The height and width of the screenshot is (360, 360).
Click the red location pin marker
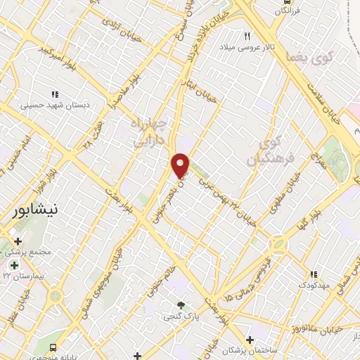[x=181, y=165]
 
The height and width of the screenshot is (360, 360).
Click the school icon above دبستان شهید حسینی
[x=54, y=94]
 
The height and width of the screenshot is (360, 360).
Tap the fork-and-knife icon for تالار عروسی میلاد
[x=247, y=36]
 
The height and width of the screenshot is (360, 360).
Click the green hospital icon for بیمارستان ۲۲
[x=14, y=265]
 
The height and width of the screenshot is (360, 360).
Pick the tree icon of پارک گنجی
[x=181, y=304]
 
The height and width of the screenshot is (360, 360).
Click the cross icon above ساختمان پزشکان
[x=250, y=340]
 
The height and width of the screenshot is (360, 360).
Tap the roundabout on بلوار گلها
[x=278, y=245]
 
